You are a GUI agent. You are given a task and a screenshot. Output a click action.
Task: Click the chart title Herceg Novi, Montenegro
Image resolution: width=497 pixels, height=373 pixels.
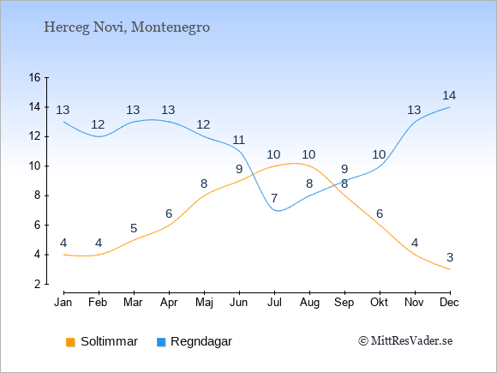(127, 27)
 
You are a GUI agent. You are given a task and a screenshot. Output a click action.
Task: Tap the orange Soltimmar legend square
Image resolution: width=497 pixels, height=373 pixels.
(70, 342)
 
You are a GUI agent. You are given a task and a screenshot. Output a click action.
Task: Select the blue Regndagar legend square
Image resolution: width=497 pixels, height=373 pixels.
(161, 342)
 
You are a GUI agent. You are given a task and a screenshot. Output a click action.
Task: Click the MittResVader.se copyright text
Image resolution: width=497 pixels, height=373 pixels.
(405, 341)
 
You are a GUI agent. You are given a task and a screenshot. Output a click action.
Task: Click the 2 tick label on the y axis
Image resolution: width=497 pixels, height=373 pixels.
(38, 284)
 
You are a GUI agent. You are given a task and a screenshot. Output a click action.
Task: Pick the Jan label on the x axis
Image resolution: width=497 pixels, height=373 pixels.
(63, 303)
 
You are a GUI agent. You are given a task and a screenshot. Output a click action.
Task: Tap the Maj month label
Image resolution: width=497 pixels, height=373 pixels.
(204, 303)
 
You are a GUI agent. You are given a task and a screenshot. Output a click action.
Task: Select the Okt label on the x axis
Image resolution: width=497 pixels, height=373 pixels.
(379, 303)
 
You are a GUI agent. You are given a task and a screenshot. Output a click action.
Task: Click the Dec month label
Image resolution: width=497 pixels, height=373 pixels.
(450, 303)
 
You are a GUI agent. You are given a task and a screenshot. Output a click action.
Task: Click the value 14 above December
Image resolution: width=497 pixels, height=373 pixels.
(449, 95)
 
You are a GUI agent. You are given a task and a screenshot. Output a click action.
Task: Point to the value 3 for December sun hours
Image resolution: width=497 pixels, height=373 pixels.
(450, 257)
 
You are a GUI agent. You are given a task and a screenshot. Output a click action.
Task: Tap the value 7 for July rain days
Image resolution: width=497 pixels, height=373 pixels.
(274, 199)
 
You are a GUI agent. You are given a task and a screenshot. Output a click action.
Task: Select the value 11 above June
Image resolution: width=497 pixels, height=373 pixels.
(239, 140)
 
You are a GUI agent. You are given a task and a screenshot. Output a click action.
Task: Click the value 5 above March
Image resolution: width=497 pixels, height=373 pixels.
(134, 228)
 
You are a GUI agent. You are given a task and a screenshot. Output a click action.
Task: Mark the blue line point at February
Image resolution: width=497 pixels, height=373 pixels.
(99, 136)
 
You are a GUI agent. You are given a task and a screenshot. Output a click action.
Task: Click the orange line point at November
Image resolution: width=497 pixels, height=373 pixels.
(415, 255)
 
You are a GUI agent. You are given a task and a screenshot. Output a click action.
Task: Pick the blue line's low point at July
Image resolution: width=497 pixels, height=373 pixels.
(278, 211)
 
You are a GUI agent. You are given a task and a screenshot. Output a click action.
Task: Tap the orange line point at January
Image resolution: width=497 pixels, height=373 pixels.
(64, 255)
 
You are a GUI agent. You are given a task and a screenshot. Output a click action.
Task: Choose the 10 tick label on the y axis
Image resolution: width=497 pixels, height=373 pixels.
(35, 165)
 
